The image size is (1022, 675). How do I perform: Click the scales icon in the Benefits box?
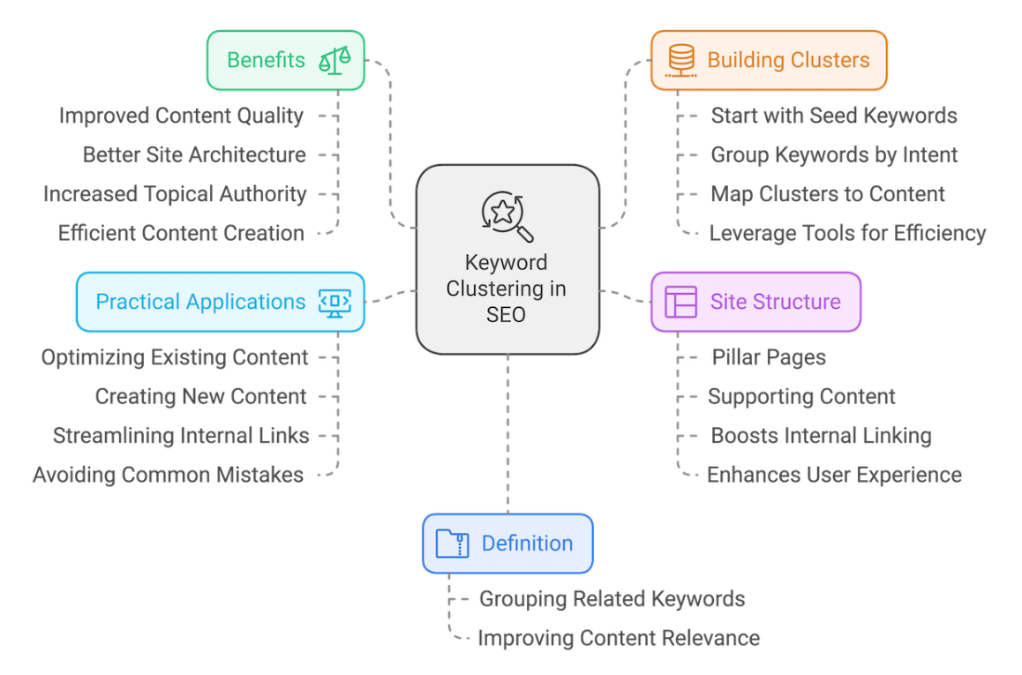(x=334, y=60)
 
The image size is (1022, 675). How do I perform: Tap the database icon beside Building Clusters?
(x=680, y=60)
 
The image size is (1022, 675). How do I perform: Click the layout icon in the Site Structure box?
(x=680, y=302)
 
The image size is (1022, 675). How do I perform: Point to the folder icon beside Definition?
(x=453, y=544)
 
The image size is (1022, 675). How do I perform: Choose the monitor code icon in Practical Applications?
(x=334, y=302)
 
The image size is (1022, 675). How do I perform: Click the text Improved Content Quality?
(x=181, y=116)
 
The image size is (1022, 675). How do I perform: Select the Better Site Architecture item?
(x=194, y=154)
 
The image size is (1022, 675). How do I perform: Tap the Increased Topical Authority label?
(x=175, y=194)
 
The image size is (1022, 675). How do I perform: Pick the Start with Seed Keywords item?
(x=834, y=116)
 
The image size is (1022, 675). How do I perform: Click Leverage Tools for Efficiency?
(x=847, y=233)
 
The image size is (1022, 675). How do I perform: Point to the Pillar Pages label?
(x=769, y=357)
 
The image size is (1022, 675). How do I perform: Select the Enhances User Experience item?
(x=834, y=475)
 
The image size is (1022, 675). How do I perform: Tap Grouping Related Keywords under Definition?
(x=612, y=599)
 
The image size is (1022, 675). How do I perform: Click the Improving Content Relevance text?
(x=618, y=638)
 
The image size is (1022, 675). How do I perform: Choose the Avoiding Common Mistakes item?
(x=168, y=475)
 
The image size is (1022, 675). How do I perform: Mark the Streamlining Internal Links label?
(x=181, y=435)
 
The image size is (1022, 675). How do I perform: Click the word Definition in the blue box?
(x=527, y=544)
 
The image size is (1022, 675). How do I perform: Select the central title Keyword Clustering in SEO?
(x=507, y=289)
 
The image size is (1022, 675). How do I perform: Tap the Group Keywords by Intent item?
(x=834, y=154)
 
